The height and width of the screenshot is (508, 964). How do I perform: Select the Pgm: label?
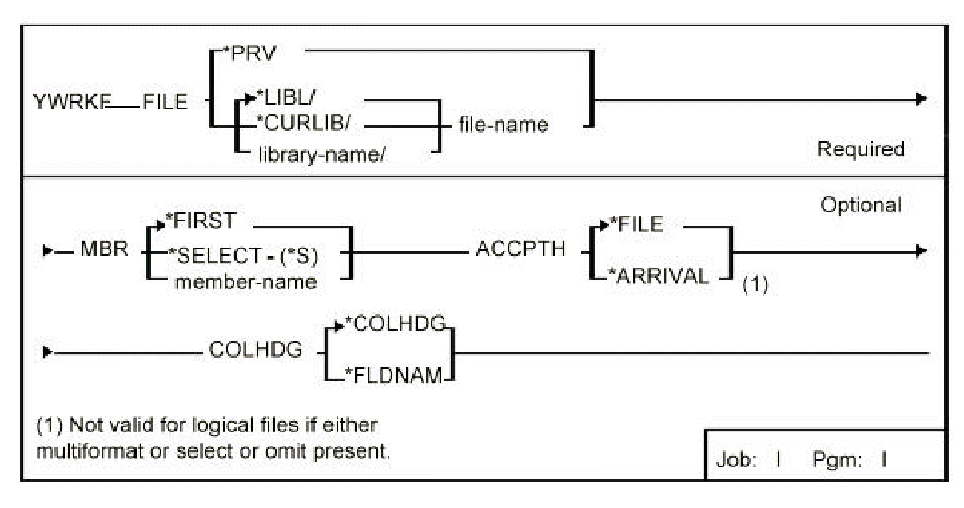tap(835, 460)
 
